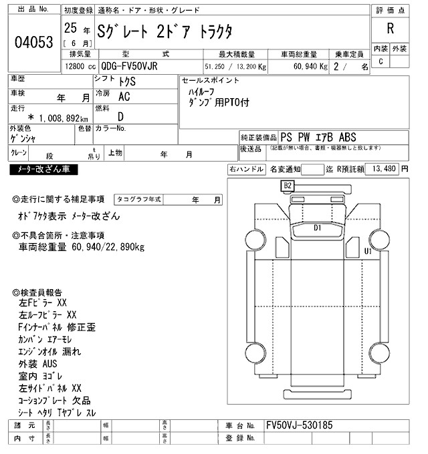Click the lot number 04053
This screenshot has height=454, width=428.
tap(33, 42)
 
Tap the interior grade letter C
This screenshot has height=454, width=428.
tap(381, 61)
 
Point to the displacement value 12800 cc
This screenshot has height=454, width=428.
tap(80, 66)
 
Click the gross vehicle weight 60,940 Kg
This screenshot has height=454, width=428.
tap(304, 66)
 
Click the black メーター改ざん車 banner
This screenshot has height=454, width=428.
tap(43, 170)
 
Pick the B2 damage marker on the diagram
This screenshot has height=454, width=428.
tap(288, 185)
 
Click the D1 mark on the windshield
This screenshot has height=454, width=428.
tap(318, 228)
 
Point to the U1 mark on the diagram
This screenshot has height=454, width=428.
tap(367, 251)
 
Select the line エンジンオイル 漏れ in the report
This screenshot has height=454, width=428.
tap(50, 352)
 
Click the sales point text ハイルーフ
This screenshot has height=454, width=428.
tap(201, 91)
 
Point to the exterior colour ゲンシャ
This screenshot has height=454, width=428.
tap(24, 138)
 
